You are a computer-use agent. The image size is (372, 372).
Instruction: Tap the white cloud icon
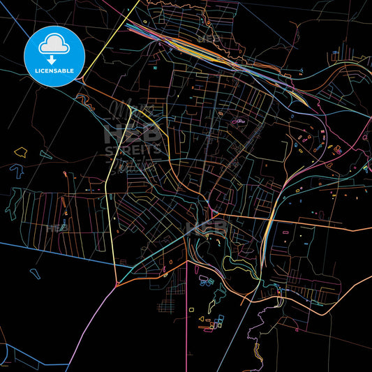point(54,43)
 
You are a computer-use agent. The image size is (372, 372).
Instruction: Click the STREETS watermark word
point(133,149)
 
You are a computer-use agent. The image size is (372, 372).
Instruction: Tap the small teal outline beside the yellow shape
point(45,154)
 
